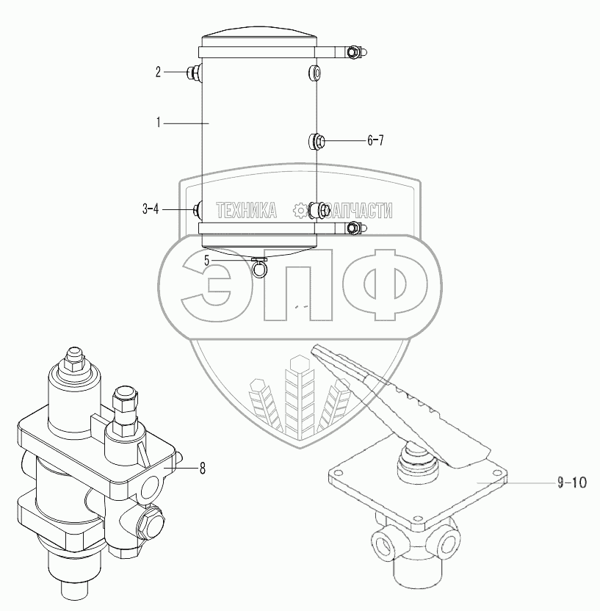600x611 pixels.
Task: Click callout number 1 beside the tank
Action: coord(158,123)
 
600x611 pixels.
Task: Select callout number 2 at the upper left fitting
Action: coord(158,72)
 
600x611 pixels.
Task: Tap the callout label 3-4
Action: coord(151,209)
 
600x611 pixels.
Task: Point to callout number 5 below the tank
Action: coord(207,260)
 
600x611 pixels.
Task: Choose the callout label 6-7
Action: coord(375,140)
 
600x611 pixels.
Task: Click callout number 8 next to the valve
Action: coord(202,469)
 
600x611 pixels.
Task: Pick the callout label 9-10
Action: coord(572,482)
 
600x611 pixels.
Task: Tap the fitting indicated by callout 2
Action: coord(195,72)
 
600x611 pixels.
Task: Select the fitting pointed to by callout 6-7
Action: coord(314,141)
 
